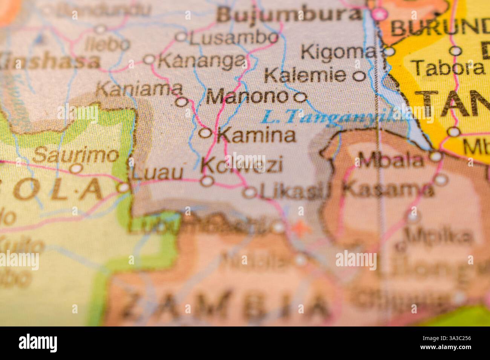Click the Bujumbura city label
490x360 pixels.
pyautogui.click(x=289, y=15)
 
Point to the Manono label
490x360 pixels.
pyautogui.click(x=247, y=98)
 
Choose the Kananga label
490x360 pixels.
pyautogui.click(x=202, y=60)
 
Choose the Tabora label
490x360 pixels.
pyautogui.click(x=449, y=68)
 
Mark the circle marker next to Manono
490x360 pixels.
pyautogui.click(x=300, y=98)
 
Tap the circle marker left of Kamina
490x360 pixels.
pyautogui.click(x=205, y=133)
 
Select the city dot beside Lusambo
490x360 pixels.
pyautogui.click(x=182, y=37)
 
